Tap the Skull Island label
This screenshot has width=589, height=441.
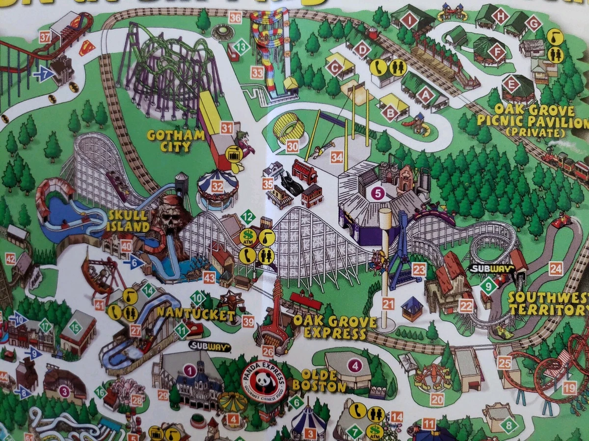(129, 221)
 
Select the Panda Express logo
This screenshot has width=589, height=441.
(264, 382)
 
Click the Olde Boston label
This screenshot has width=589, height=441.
(319, 381)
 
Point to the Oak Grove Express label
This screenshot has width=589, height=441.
(335, 327)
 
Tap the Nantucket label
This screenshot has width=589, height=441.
(196, 314)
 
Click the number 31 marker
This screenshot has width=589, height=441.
(226, 128)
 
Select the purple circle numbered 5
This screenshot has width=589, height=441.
(377, 193)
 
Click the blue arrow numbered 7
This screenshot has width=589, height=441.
(44, 74)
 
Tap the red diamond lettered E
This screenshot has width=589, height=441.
(511, 84)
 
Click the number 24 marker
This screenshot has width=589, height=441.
(555, 268)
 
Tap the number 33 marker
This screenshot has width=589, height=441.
(257, 73)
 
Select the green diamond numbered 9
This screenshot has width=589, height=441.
(488, 286)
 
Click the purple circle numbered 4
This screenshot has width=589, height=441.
(354, 365)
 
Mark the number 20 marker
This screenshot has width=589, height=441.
(437, 399)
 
